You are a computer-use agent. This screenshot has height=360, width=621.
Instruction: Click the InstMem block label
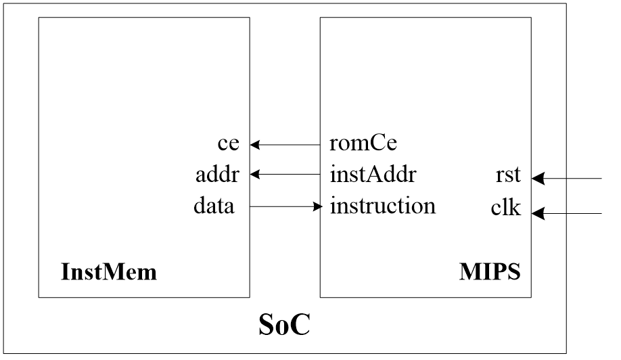(109, 273)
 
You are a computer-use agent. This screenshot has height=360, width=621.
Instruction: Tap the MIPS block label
(490, 273)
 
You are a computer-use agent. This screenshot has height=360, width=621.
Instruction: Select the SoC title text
(285, 325)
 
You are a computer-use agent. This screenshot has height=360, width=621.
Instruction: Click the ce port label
(229, 144)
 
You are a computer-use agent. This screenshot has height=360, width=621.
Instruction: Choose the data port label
(214, 206)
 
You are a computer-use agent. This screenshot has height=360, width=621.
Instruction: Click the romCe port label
(363, 144)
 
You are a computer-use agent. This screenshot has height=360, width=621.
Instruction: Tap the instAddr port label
(372, 175)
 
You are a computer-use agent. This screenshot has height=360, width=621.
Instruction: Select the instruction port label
(382, 206)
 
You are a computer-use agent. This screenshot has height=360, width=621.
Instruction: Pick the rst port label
(508, 175)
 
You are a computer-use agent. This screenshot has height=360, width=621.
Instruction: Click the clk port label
(506, 208)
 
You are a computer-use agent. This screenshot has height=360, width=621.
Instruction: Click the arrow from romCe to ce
(285, 144)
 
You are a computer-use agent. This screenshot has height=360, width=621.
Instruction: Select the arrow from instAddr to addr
(285, 175)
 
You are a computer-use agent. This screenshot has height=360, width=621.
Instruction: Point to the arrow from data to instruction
(285, 206)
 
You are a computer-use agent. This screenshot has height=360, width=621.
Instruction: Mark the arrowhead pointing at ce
(254, 144)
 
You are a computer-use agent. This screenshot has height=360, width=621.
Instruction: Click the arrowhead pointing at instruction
(317, 206)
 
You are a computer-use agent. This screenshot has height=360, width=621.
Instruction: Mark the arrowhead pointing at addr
(254, 175)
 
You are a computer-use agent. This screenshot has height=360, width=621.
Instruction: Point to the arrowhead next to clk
(537, 213)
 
